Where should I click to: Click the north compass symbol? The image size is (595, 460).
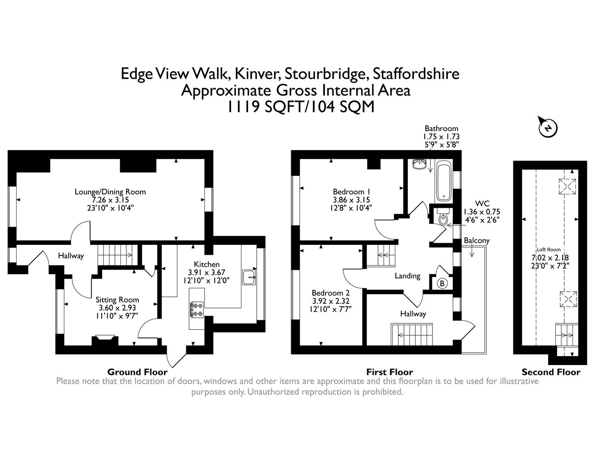pyautogui.click(x=548, y=127)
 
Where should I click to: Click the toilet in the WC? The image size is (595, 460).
pyautogui.click(x=443, y=216)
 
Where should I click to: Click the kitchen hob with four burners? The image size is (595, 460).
pyautogui.click(x=197, y=310)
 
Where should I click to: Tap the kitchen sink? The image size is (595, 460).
pyautogui.click(x=249, y=277)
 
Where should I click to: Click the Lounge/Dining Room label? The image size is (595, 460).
pyautogui.click(x=110, y=192)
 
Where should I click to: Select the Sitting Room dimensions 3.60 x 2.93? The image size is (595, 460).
pyautogui.click(x=117, y=308)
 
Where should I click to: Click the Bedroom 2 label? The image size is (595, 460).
pyautogui.click(x=331, y=293)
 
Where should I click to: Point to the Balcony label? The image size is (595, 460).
pyautogui.click(x=477, y=241)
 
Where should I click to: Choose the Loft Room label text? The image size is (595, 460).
pyautogui.click(x=549, y=250)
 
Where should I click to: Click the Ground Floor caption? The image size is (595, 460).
pyautogui.click(x=137, y=372)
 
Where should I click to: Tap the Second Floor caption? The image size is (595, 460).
pyautogui.click(x=551, y=372)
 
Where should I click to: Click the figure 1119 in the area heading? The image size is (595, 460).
pyautogui.click(x=243, y=106)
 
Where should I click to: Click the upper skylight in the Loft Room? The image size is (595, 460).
pyautogui.click(x=567, y=187)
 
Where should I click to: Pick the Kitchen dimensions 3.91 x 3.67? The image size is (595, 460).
pyautogui.click(x=206, y=272)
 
